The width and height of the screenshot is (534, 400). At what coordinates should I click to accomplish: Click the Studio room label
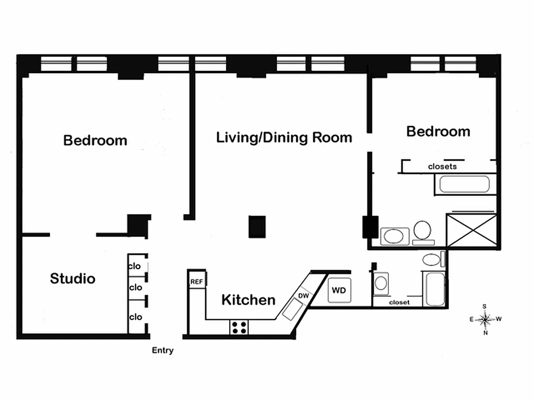(x=73, y=278)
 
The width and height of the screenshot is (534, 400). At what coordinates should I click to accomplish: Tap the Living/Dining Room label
(x=284, y=137)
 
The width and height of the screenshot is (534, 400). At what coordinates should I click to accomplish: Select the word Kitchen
(x=248, y=300)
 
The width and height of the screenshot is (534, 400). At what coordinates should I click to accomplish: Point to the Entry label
(x=163, y=350)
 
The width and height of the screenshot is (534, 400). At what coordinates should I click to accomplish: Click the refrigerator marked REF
(x=197, y=281)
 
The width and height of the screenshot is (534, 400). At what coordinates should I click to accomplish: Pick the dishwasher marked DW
(x=303, y=296)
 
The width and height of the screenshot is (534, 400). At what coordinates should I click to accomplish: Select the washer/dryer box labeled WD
(x=339, y=290)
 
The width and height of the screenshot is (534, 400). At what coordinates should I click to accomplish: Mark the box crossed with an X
(x=471, y=230)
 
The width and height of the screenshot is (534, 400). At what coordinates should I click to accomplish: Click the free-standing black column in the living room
(x=257, y=226)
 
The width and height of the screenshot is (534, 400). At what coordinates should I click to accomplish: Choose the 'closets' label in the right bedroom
(x=442, y=166)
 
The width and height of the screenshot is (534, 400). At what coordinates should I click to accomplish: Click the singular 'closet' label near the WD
(x=399, y=302)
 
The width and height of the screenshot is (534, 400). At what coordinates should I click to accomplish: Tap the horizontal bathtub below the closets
(x=464, y=184)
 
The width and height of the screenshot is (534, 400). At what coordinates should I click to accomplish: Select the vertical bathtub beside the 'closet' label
(x=434, y=288)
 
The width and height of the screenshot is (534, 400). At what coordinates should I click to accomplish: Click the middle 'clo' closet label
(x=136, y=287)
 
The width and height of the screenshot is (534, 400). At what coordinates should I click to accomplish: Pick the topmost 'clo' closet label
(x=135, y=266)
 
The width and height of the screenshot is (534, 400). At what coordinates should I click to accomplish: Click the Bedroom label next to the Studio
(x=95, y=140)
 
